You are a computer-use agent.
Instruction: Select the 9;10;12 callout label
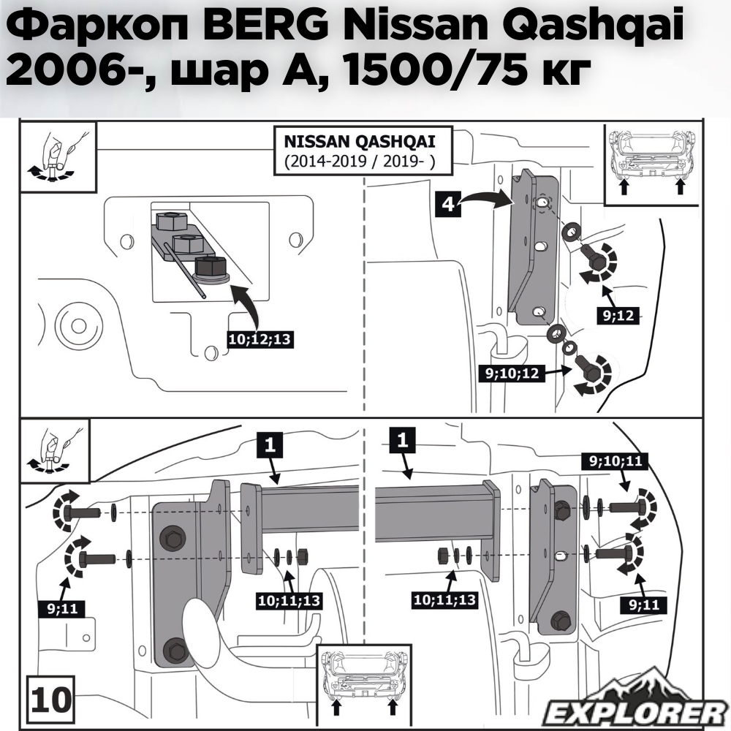pyautogui.click(x=512, y=374)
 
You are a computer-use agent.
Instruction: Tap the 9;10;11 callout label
pyautogui.click(x=612, y=461)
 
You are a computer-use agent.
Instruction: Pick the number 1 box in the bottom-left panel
pyautogui.click(x=269, y=445)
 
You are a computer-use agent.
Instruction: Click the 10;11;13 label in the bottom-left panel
pyautogui.click(x=289, y=600)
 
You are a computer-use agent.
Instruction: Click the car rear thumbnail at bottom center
pyautogui.click(x=360, y=681)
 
